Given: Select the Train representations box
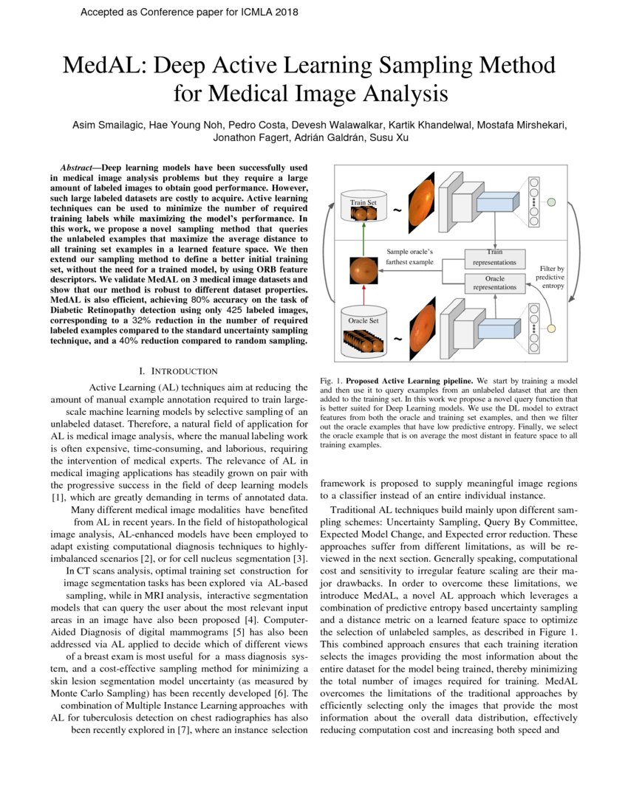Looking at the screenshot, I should tap(494, 258).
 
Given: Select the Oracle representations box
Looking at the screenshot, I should tap(494, 283).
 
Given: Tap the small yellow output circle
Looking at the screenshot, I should tap(550, 328).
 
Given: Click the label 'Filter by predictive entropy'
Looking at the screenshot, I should tap(550, 277).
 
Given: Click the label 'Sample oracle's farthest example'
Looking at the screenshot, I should tap(409, 257).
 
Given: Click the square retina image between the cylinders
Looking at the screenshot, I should tap(363, 269).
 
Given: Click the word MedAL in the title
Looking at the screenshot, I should tap(100, 67).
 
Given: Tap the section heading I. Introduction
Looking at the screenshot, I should tap(178, 371).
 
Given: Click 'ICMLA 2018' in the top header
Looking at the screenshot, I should tap(262, 13).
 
